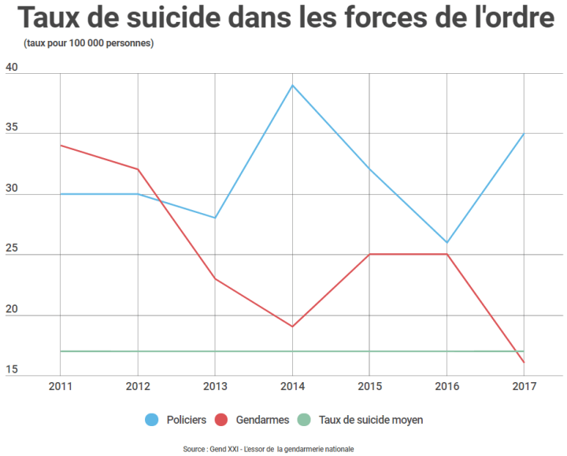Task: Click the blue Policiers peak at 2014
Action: click(x=293, y=85)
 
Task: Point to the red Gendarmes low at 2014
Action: click(x=293, y=326)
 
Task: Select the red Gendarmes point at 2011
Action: click(x=61, y=145)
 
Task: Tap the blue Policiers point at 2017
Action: click(x=524, y=134)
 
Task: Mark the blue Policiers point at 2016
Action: click(x=447, y=242)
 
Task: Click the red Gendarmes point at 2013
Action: click(x=215, y=278)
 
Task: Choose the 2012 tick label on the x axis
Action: click(x=138, y=386)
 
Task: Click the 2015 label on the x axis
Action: click(x=369, y=386)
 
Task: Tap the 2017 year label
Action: click(x=524, y=386)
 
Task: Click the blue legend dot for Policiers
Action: click(x=152, y=420)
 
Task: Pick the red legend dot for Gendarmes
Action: click(x=222, y=420)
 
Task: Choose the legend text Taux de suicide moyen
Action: click(x=371, y=420)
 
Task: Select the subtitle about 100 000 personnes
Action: click(x=88, y=42)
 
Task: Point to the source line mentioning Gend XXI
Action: click(x=268, y=449)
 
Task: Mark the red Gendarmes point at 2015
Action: click(x=369, y=254)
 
